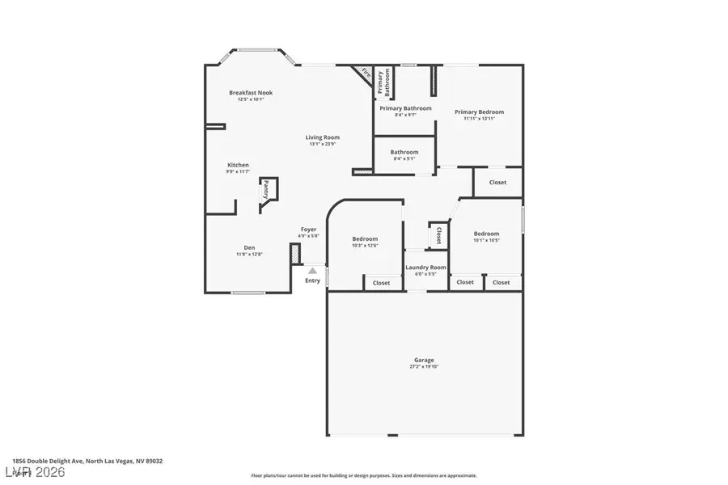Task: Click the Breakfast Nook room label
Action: [245, 93]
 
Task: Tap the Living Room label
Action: [322, 137]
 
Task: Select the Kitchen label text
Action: [238, 165]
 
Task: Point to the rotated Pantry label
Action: [266, 190]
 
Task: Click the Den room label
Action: [249, 247]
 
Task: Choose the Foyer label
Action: [309, 230]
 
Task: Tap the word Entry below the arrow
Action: [312, 280]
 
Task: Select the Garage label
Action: [424, 360]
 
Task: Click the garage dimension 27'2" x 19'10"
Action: [424, 367]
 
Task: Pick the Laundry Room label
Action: [425, 267]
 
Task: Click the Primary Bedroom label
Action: [479, 112]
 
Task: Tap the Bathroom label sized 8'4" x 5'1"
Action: [404, 152]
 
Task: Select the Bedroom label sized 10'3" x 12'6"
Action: [365, 238]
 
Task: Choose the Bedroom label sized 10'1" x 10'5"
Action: [486, 234]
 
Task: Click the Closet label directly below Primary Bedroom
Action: [497, 182]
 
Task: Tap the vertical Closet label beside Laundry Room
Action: [438, 235]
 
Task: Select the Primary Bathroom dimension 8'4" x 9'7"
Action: [405, 115]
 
